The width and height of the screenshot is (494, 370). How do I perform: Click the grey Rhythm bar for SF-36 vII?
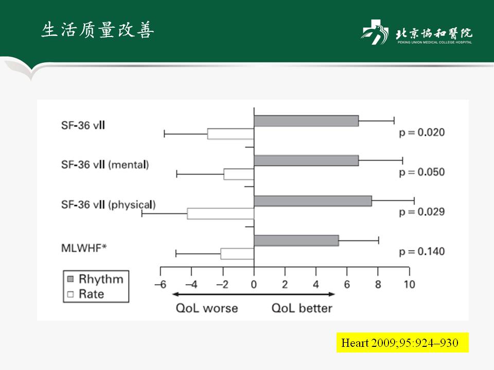306,121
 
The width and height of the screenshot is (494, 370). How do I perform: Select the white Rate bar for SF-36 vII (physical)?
221,214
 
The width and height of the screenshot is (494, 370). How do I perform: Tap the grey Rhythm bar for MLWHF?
296,240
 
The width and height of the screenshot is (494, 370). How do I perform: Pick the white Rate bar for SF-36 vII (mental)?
239,174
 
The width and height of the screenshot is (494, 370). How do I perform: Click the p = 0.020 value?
422,133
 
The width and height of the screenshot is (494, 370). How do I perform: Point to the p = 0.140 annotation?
422,251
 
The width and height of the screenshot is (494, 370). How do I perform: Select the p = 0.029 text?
422,212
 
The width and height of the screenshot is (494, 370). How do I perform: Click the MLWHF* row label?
84,248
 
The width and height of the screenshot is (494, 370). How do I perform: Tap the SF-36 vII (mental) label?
105,164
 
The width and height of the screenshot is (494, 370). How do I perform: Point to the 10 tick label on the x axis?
409,284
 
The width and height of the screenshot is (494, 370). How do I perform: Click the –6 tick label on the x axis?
161,284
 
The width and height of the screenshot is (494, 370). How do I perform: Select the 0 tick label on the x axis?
254,284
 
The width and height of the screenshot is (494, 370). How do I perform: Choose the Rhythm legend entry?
96,279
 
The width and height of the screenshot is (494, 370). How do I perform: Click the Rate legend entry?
86,294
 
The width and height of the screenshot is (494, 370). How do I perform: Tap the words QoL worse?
207,308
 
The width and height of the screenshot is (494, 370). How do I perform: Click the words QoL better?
302,308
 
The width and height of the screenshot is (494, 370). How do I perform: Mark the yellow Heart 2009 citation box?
402,342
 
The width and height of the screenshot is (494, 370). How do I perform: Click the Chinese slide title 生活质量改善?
98,30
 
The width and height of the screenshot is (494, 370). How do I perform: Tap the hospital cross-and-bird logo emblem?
374,32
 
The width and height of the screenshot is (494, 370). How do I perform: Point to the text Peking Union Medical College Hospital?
434,42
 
